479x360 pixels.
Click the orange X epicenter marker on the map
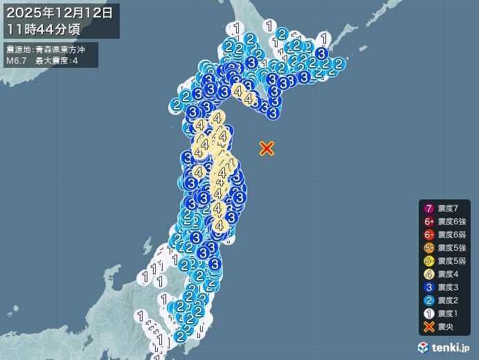[x=267, y=148]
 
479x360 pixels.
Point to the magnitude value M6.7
[x=16, y=61]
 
